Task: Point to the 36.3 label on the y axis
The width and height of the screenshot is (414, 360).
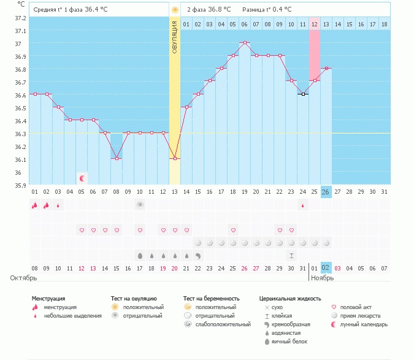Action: (x=21, y=134)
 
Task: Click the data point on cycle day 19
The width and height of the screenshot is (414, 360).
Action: (x=245, y=42)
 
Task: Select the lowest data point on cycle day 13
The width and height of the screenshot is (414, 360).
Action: (x=175, y=158)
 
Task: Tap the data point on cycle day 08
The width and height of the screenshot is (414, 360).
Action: (x=117, y=158)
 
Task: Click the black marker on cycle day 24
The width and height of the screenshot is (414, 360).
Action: (x=303, y=94)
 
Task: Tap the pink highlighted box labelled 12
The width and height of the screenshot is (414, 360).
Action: (x=315, y=24)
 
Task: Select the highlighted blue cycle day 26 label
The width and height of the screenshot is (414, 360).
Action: (x=326, y=192)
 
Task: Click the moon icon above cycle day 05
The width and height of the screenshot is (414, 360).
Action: (x=82, y=178)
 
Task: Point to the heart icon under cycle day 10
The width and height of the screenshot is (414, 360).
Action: (x=140, y=230)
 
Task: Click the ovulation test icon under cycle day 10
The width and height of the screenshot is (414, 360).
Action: (x=140, y=205)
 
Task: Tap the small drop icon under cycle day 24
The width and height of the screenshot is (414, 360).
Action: (x=303, y=205)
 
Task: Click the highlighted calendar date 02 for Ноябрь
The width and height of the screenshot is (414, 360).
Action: (x=326, y=269)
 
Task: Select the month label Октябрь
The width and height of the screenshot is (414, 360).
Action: (x=19, y=278)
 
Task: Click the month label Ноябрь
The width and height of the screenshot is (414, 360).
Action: (x=323, y=278)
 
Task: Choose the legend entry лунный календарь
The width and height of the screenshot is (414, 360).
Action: (x=365, y=324)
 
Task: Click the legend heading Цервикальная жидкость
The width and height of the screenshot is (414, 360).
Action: (x=290, y=299)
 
